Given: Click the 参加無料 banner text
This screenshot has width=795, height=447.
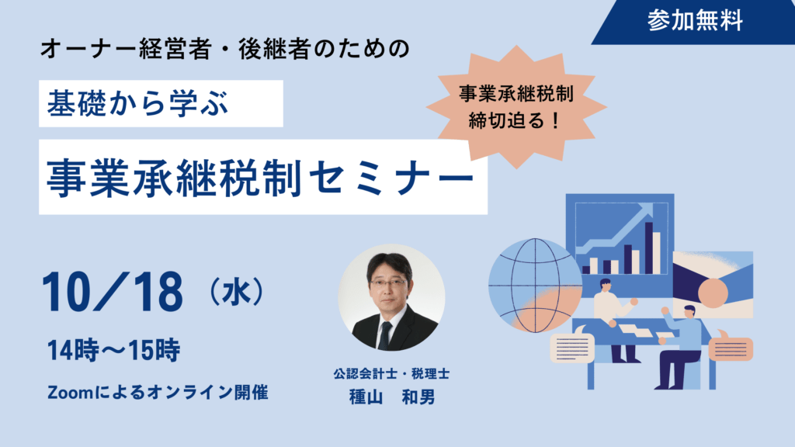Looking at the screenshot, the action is pyautogui.click(x=695, y=21).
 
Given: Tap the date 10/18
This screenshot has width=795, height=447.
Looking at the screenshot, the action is pyautogui.click(x=112, y=292).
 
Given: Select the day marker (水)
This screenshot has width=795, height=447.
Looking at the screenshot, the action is pyautogui.click(x=237, y=292).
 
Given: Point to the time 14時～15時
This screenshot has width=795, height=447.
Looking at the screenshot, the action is pyautogui.click(x=113, y=350).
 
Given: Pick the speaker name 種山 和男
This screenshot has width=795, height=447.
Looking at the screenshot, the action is pyautogui.click(x=392, y=397).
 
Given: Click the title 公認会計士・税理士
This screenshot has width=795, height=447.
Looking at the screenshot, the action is pyautogui.click(x=391, y=374).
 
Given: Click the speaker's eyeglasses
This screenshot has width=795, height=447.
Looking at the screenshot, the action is pyautogui.click(x=388, y=282).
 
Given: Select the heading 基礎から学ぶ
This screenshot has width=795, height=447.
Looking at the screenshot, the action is pyautogui.click(x=138, y=103).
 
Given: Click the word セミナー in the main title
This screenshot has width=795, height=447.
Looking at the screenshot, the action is pyautogui.click(x=391, y=178).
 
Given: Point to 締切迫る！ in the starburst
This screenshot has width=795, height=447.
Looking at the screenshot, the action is pyautogui.click(x=514, y=120).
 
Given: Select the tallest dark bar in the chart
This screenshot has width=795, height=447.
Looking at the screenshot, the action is pyautogui.click(x=648, y=248).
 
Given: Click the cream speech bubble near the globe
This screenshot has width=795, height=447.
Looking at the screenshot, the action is pyautogui.click(x=572, y=347).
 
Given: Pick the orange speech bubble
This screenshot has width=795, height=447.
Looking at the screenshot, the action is pyautogui.click(x=731, y=347).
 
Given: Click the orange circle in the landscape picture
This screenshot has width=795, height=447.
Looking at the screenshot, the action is pyautogui.click(x=713, y=293).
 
